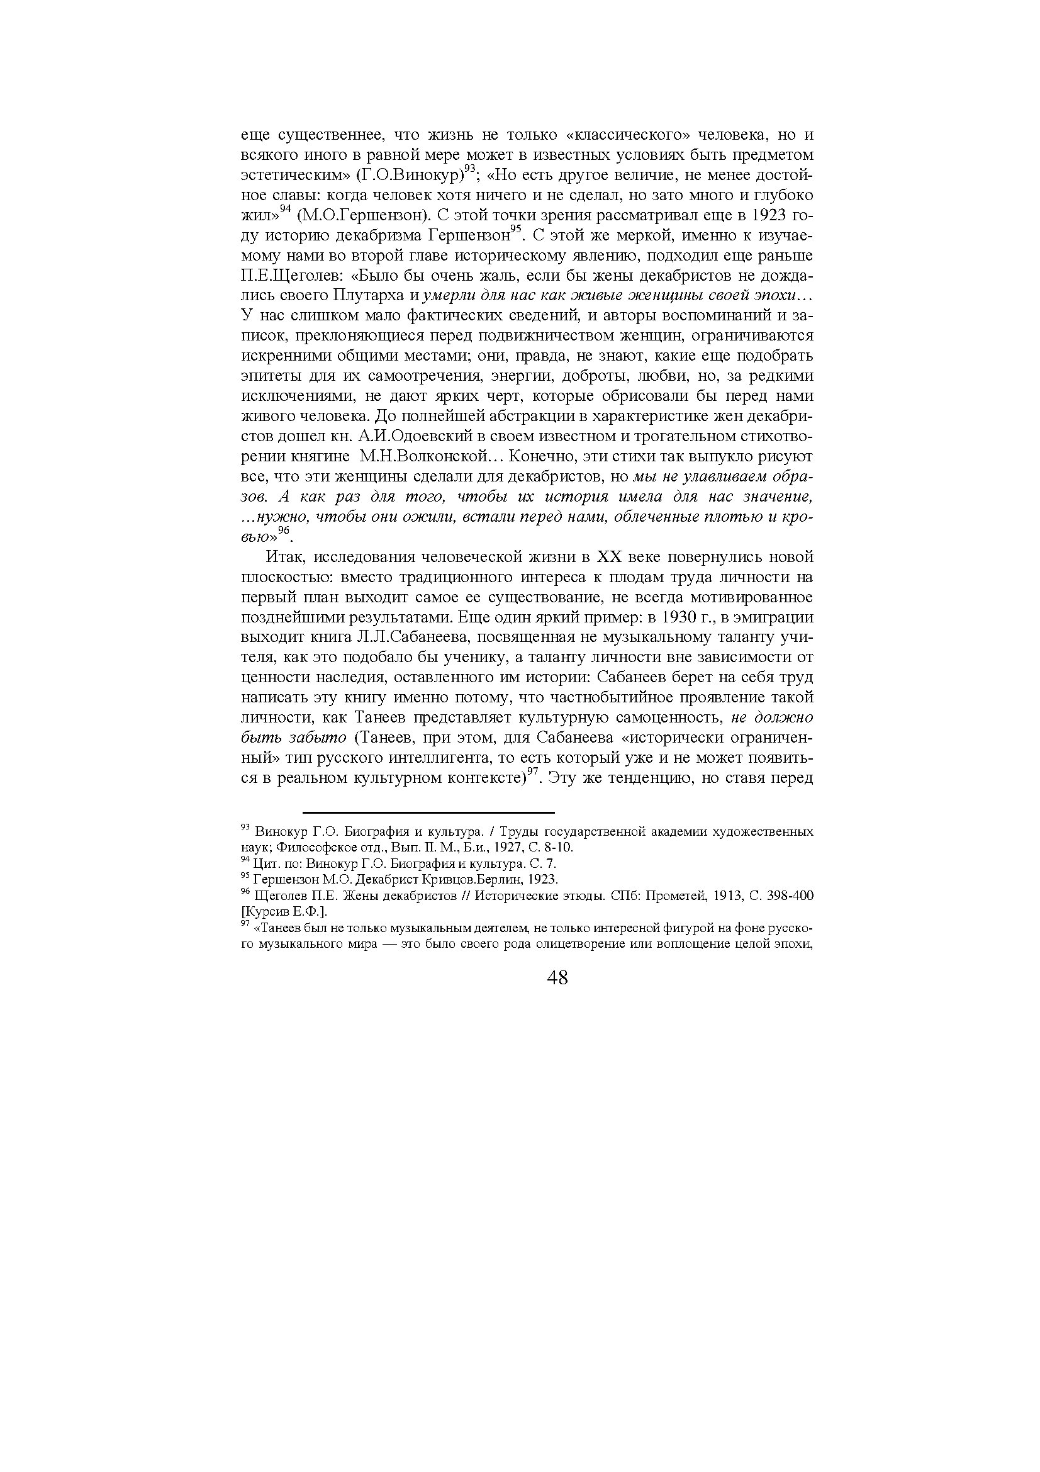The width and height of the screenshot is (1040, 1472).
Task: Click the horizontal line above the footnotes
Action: click(428, 812)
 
